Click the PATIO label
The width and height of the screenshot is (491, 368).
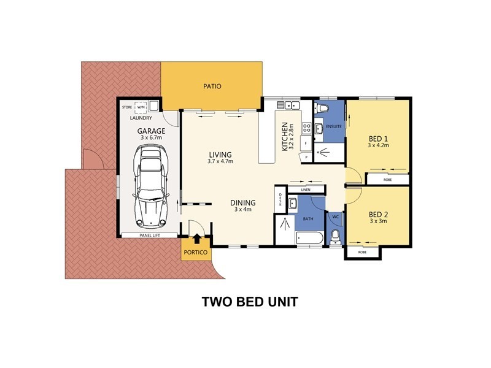tap(212, 86)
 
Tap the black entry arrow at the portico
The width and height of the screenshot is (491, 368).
tap(196, 239)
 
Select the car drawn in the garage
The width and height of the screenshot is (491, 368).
tap(150, 186)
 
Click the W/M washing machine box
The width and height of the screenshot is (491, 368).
tap(141, 107)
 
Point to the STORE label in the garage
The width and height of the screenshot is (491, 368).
tap(127, 107)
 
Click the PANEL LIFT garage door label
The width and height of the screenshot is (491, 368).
tap(150, 236)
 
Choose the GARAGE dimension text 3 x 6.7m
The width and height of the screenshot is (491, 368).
tap(151, 137)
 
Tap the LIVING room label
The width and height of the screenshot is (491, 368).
tap(220, 155)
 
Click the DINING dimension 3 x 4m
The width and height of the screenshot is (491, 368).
tap(243, 209)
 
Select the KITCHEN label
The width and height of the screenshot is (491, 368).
tap(285, 136)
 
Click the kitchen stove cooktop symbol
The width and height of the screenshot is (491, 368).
tap(306, 128)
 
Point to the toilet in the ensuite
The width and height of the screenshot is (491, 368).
tap(321, 107)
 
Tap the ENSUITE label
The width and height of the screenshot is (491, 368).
tap(333, 126)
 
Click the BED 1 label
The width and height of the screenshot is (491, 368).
tap(378, 139)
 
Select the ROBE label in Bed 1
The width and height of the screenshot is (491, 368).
tap(387, 180)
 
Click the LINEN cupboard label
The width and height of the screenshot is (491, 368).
tap(306, 190)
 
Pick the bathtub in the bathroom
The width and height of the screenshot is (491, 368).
tap(309, 239)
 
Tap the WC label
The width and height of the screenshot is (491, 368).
tap(335, 217)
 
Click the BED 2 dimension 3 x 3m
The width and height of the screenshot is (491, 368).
tap(378, 221)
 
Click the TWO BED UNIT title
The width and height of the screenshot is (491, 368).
tap(250, 302)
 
